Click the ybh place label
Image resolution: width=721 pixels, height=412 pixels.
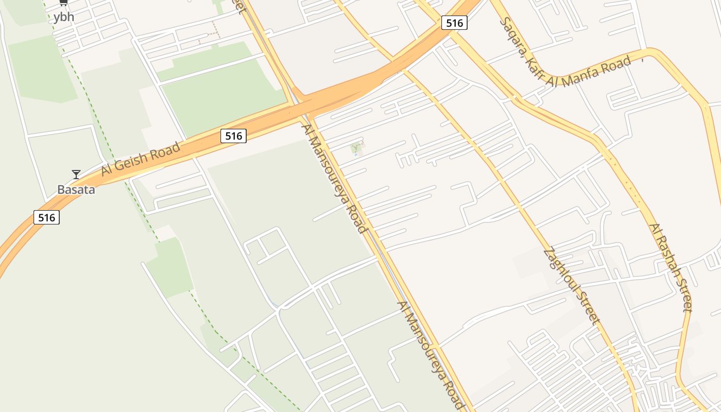(x=64, y=17)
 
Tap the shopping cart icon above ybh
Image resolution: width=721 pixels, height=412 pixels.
(x=63, y=3)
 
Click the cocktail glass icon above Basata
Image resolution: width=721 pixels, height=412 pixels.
(x=76, y=175)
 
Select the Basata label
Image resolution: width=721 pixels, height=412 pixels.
(x=76, y=190)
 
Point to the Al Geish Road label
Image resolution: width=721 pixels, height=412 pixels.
(x=141, y=159)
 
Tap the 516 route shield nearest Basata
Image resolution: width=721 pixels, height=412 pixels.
(x=46, y=217)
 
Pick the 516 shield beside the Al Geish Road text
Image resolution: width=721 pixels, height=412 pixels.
(x=233, y=136)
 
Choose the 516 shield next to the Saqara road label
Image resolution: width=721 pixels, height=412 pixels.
(x=454, y=23)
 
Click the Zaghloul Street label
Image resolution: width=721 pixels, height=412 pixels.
(x=572, y=286)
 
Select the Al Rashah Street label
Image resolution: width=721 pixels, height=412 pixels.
(x=670, y=267)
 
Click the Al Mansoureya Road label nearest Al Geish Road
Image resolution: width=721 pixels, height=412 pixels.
(x=335, y=178)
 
